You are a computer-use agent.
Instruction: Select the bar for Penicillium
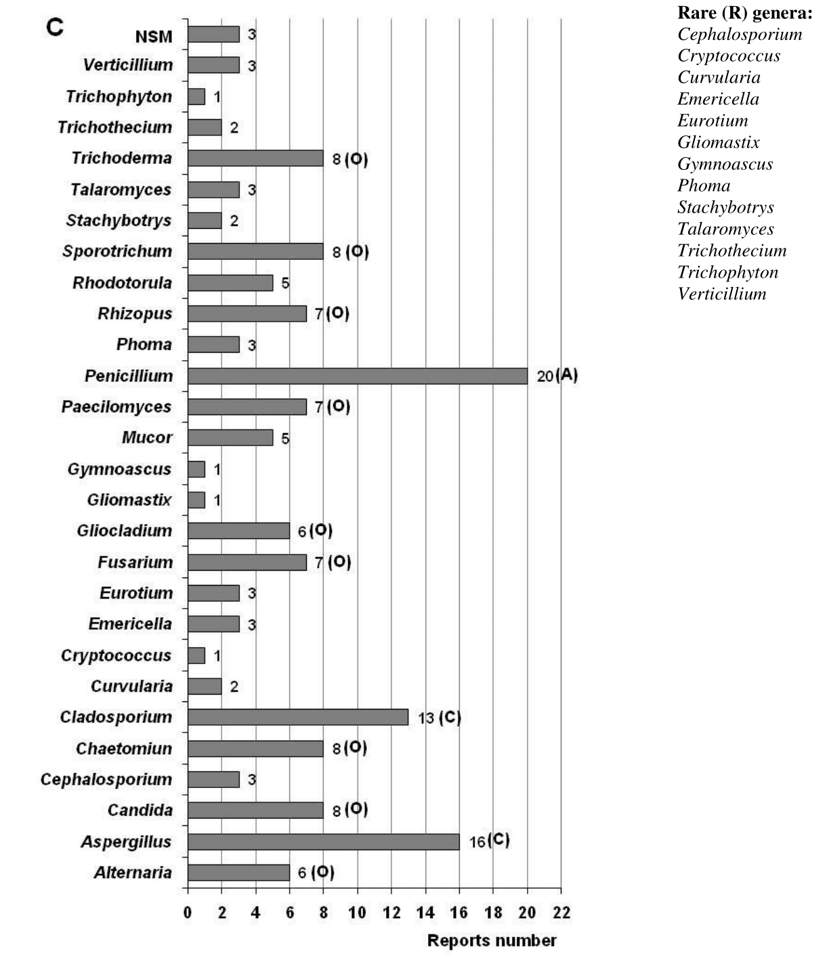click(358, 376)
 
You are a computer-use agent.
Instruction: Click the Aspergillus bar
click(323, 842)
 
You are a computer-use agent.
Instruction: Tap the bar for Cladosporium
click(298, 717)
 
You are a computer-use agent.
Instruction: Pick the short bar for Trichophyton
click(196, 96)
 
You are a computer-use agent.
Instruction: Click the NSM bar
click(213, 35)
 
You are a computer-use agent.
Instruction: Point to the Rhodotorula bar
click(230, 282)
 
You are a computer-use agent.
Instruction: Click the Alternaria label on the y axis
click(133, 873)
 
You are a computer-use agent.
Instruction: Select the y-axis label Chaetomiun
click(124, 748)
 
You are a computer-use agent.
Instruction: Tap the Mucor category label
click(147, 437)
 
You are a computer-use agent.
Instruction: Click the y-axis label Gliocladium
click(125, 531)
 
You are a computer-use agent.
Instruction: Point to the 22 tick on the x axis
click(561, 913)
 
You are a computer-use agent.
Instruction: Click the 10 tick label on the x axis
click(357, 913)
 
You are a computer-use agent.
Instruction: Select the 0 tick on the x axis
click(188, 913)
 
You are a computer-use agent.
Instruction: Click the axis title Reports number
click(492, 940)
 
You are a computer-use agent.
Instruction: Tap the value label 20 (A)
click(557, 376)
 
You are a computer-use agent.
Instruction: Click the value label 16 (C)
click(489, 842)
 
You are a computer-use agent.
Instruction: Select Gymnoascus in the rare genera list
click(725, 164)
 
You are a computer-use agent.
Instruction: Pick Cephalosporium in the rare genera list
click(740, 34)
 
